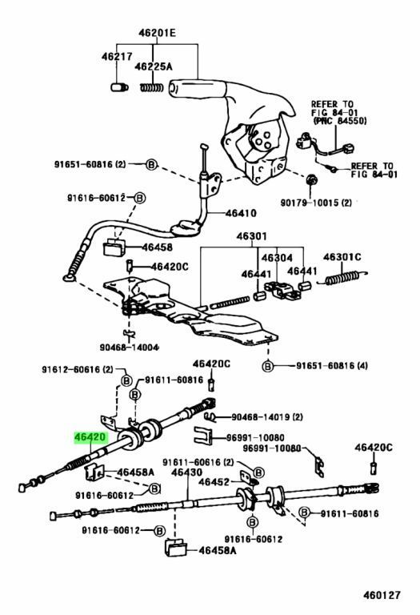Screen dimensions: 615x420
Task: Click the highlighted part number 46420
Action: (88, 438)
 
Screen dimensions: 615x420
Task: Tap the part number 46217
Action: (117, 57)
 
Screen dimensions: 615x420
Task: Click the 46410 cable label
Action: (240, 215)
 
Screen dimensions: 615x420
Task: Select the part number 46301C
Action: (342, 257)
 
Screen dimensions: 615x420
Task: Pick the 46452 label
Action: (214, 481)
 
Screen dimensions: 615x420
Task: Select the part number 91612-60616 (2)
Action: (78, 369)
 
